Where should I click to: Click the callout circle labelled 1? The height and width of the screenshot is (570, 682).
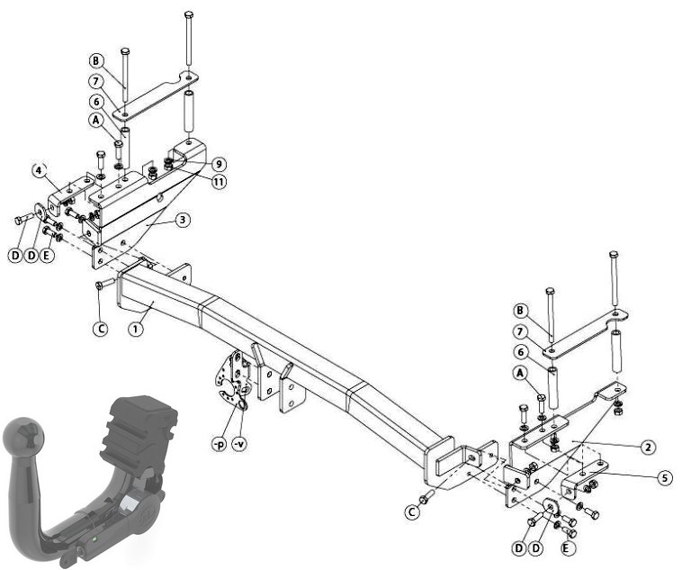point(136,329)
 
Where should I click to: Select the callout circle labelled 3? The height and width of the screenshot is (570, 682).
point(183,220)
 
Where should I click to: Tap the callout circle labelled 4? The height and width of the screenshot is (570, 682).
point(40,170)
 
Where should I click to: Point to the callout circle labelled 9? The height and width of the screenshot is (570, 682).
point(219,164)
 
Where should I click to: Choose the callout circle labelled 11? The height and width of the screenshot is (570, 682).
point(219,181)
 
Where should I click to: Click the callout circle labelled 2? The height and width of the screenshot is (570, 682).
point(648,447)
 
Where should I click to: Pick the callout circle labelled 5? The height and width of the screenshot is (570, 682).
point(664,478)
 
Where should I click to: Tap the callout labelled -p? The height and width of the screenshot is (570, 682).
point(219,444)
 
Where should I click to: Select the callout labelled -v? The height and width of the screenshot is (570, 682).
point(238,444)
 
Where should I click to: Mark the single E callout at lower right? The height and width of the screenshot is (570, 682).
point(565,548)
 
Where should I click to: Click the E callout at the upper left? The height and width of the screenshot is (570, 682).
point(47,255)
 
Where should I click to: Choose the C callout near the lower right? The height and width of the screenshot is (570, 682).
point(411,511)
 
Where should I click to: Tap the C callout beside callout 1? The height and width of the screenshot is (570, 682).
point(101,329)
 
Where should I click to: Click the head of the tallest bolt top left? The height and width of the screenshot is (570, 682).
point(188,14)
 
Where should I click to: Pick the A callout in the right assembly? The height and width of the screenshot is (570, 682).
point(520,373)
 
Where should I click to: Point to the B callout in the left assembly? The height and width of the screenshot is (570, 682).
point(96,61)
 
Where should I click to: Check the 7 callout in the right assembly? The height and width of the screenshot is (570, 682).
point(520,331)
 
